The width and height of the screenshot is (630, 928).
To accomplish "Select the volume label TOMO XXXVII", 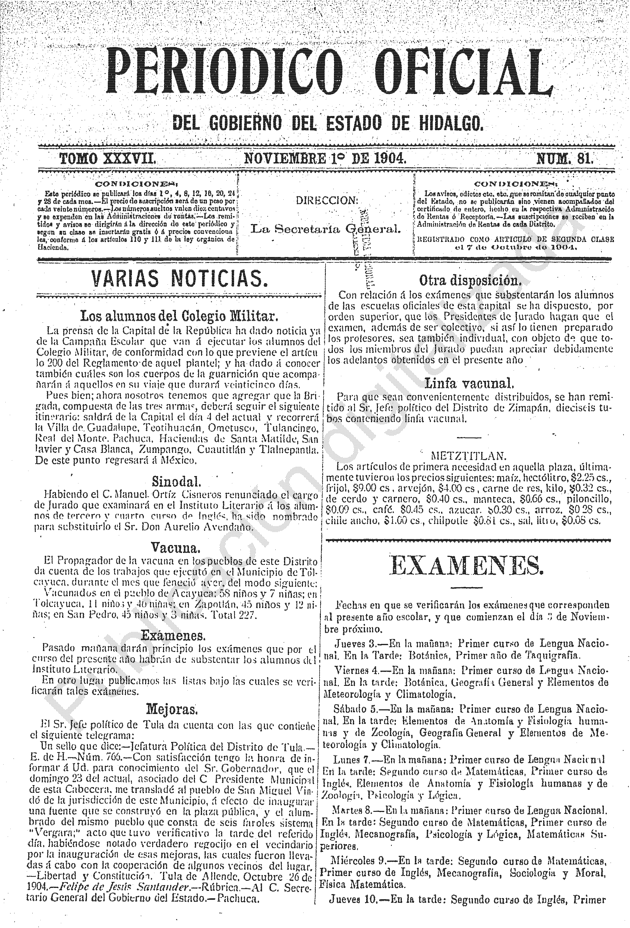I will (x=107, y=159).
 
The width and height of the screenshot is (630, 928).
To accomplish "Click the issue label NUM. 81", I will (x=565, y=159).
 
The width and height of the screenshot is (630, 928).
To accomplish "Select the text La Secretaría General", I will (x=325, y=229).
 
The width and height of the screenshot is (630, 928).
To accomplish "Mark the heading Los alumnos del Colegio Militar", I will (x=179, y=316).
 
